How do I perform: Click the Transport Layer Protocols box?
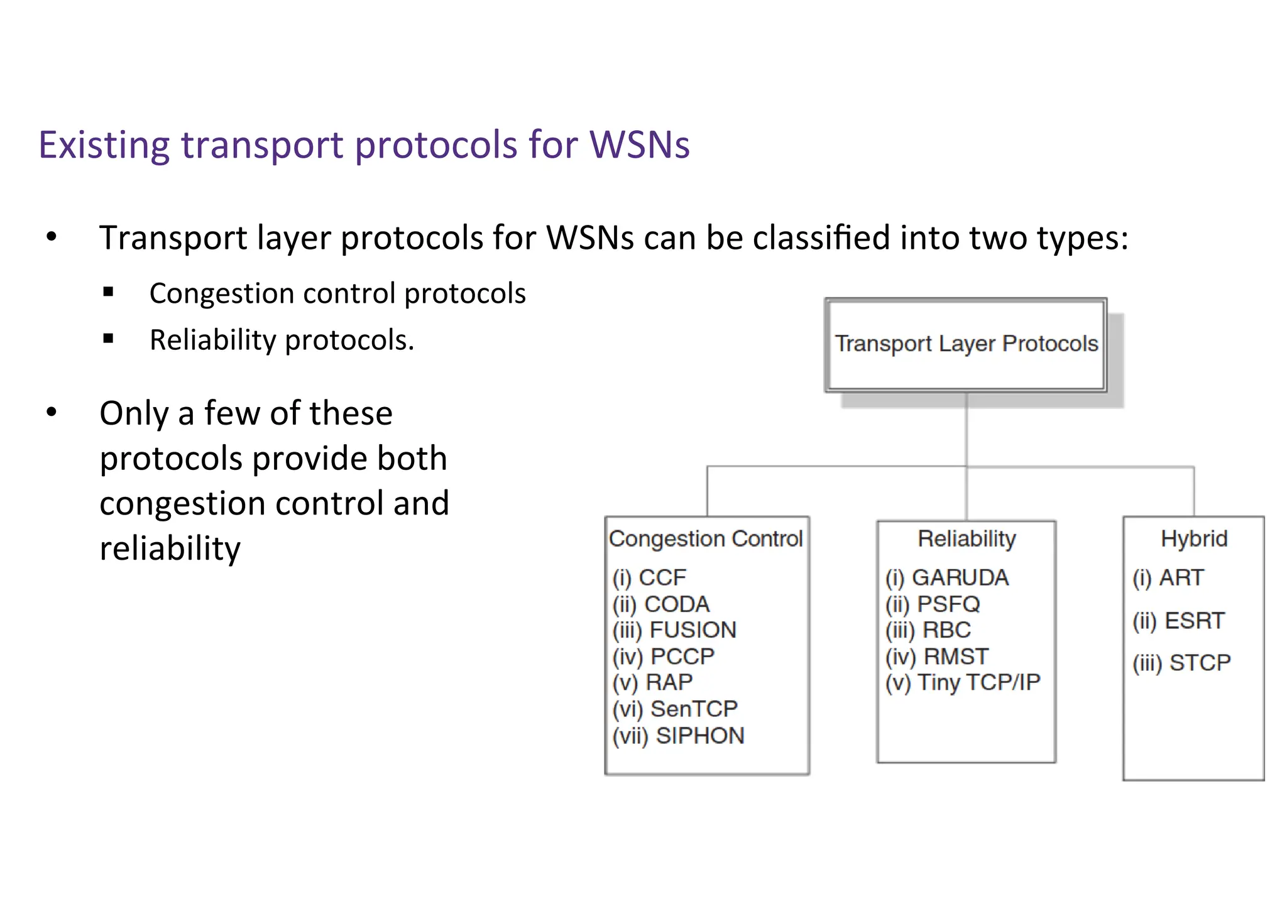[966, 344]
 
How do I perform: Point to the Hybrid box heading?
[1194, 539]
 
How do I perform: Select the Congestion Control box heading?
[706, 539]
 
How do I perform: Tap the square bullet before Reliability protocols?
[108, 339]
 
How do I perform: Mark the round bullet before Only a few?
[52, 413]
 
